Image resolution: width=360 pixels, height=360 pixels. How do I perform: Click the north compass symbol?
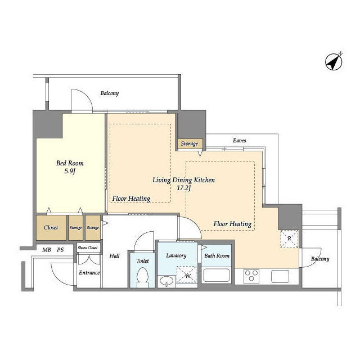(334, 61)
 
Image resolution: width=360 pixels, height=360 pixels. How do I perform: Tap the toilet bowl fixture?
(142, 277)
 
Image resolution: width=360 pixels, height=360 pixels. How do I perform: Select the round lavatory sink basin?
(166, 281)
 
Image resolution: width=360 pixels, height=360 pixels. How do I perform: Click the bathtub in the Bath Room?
(216, 275)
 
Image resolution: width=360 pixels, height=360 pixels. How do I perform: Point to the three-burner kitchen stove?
(251, 276)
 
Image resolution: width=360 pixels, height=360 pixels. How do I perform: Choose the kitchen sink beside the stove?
(280, 276)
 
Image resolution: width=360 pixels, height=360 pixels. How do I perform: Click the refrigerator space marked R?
(289, 238)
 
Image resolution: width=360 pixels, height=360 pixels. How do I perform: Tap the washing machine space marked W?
(187, 274)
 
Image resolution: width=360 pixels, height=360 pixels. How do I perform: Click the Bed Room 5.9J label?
(70, 167)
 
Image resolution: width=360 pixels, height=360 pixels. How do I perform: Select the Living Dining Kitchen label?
(184, 180)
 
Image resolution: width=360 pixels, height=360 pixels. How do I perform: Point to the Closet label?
(51, 227)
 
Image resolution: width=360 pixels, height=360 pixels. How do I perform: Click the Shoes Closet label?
(88, 247)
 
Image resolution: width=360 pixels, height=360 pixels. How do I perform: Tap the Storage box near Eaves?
(190, 144)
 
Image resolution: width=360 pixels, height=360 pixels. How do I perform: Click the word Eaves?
(240, 141)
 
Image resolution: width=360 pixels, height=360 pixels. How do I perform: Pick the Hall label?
(114, 256)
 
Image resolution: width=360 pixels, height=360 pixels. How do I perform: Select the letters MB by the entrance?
(47, 250)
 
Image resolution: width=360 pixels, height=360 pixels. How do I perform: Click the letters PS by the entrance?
(60, 250)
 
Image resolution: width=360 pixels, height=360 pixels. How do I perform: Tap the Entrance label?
(89, 272)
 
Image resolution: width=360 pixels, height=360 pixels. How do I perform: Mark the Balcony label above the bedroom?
(110, 93)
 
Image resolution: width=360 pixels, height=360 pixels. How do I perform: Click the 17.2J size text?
(184, 188)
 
